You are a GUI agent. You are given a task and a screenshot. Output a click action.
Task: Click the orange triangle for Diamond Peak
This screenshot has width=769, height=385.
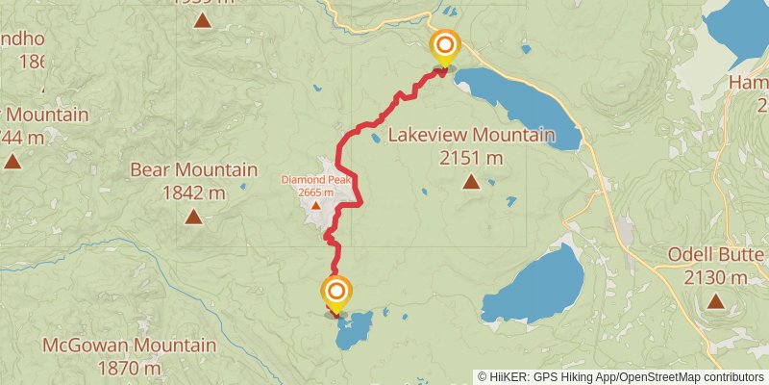point(315,205)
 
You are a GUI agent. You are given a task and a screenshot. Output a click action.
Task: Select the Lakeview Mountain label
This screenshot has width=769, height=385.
point(471,135)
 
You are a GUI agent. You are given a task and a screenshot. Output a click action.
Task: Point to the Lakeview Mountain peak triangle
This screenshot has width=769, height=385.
point(471,181)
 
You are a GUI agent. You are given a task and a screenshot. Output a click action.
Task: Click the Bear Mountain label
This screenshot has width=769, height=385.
point(193,170)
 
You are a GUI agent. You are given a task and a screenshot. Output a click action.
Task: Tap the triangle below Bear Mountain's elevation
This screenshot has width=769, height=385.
point(193,217)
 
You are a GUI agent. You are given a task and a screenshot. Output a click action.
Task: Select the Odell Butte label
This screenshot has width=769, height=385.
point(715,256)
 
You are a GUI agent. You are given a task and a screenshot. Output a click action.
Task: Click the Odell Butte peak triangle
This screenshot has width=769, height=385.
point(715,301)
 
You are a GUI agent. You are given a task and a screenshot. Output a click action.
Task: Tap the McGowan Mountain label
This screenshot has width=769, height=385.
point(129,345)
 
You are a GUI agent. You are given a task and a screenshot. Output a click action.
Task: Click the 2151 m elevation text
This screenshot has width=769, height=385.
point(471,157)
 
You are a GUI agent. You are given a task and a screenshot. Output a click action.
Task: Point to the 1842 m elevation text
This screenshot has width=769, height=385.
point(193,192)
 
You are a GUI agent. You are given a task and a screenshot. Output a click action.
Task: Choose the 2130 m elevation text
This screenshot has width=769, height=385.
point(715,278)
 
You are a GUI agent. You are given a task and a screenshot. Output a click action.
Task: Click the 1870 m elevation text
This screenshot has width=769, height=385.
point(129,367)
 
